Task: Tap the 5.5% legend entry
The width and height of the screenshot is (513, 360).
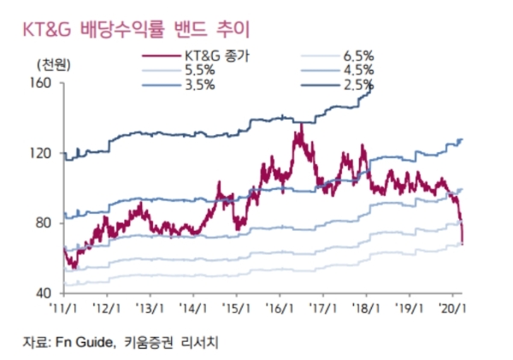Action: [x=197, y=71]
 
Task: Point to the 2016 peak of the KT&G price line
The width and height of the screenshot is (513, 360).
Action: [x=301, y=125]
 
